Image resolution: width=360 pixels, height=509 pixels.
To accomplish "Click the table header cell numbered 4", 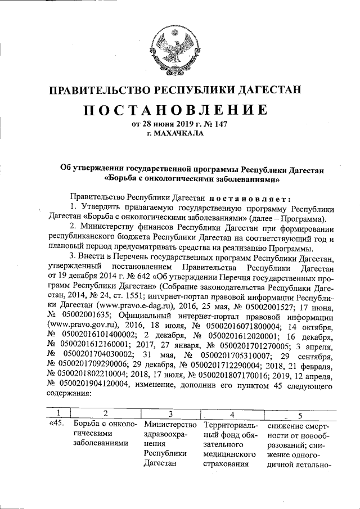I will [231, 415].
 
